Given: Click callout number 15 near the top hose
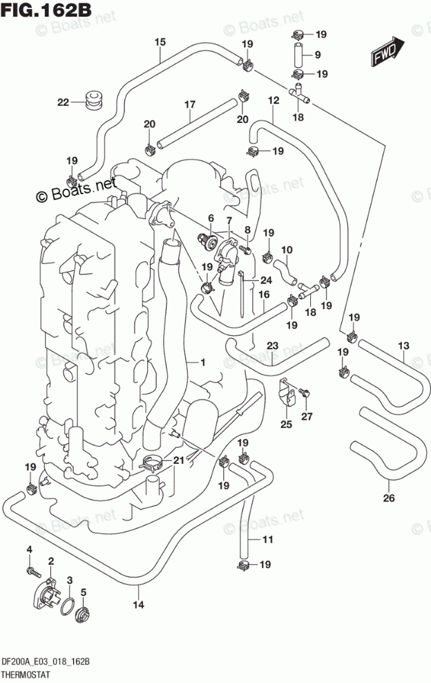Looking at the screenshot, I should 160,42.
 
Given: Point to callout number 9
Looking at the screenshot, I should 318,55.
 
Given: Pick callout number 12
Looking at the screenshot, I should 273,100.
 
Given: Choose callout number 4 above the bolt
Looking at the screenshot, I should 30,549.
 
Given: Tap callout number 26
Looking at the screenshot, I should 388,498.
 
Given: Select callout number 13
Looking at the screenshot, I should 403,345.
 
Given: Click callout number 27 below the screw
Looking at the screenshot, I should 307,417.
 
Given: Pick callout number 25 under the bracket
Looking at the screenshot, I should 286,424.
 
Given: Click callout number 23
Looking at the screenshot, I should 272,346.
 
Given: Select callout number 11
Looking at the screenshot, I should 268,540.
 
